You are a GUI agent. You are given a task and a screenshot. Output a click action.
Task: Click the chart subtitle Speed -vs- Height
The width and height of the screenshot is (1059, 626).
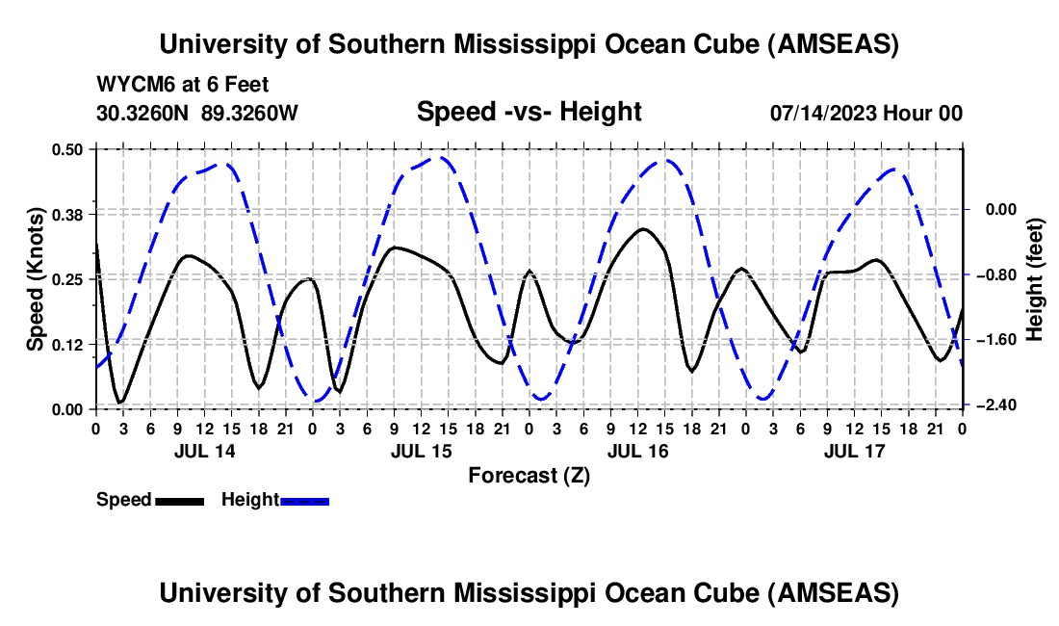tap(529, 112)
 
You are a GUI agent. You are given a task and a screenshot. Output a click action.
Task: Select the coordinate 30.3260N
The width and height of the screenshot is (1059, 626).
tap(143, 113)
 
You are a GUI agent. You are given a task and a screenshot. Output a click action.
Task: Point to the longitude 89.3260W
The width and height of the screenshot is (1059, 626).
tap(249, 113)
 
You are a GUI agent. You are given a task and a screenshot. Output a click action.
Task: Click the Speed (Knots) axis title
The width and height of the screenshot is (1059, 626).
tap(36, 278)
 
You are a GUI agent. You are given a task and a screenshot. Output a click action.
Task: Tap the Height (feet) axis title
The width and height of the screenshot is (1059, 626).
tap(1035, 278)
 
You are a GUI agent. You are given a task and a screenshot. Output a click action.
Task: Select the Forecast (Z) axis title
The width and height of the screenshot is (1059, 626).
tap(529, 475)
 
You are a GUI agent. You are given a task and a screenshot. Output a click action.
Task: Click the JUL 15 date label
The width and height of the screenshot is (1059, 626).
tap(421, 451)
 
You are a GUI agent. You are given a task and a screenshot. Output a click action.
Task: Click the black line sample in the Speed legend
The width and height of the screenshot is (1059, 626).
tap(178, 501)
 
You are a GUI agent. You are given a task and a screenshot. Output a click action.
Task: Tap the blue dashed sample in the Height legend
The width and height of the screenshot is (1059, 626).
tap(304, 501)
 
